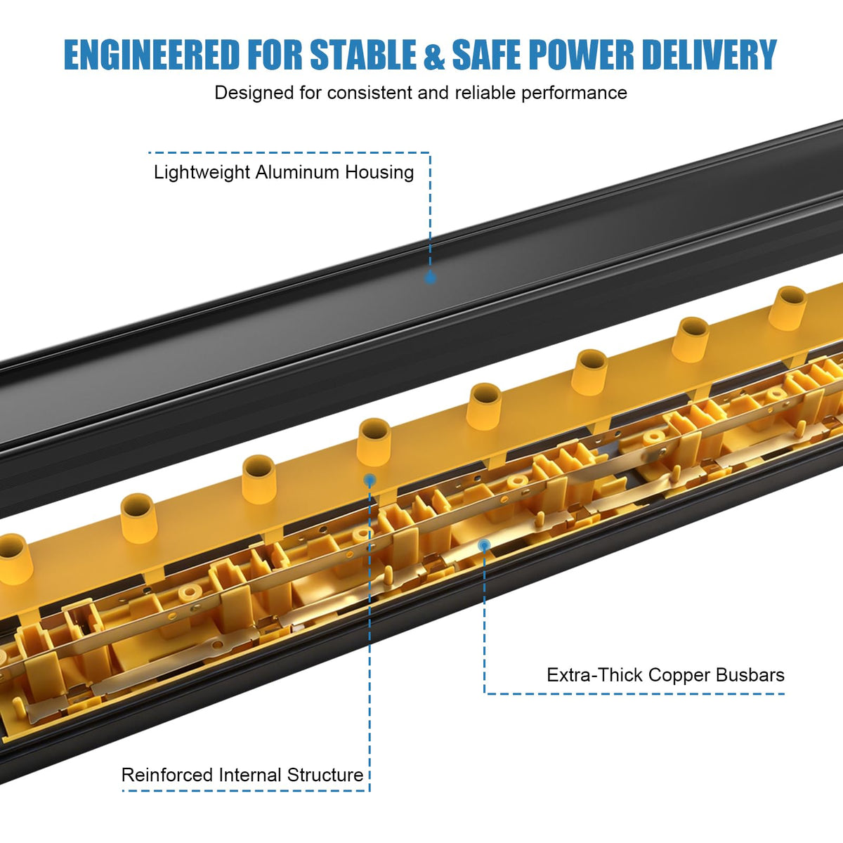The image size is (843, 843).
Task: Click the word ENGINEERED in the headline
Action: pos(152,55)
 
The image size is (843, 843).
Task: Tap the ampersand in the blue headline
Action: pos(434,55)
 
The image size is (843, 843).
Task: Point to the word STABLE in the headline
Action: pos(363,55)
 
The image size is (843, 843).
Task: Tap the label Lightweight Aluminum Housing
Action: pos(284,172)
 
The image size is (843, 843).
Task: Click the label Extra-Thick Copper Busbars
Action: pos(665,675)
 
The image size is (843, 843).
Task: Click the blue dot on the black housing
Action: pos(430,277)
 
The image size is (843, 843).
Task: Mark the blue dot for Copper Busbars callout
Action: pos(484,545)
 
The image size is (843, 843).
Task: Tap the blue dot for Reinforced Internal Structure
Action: pos(370,481)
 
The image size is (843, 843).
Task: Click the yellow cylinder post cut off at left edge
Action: pos(14,558)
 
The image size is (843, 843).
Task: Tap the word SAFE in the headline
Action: pos(486,55)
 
